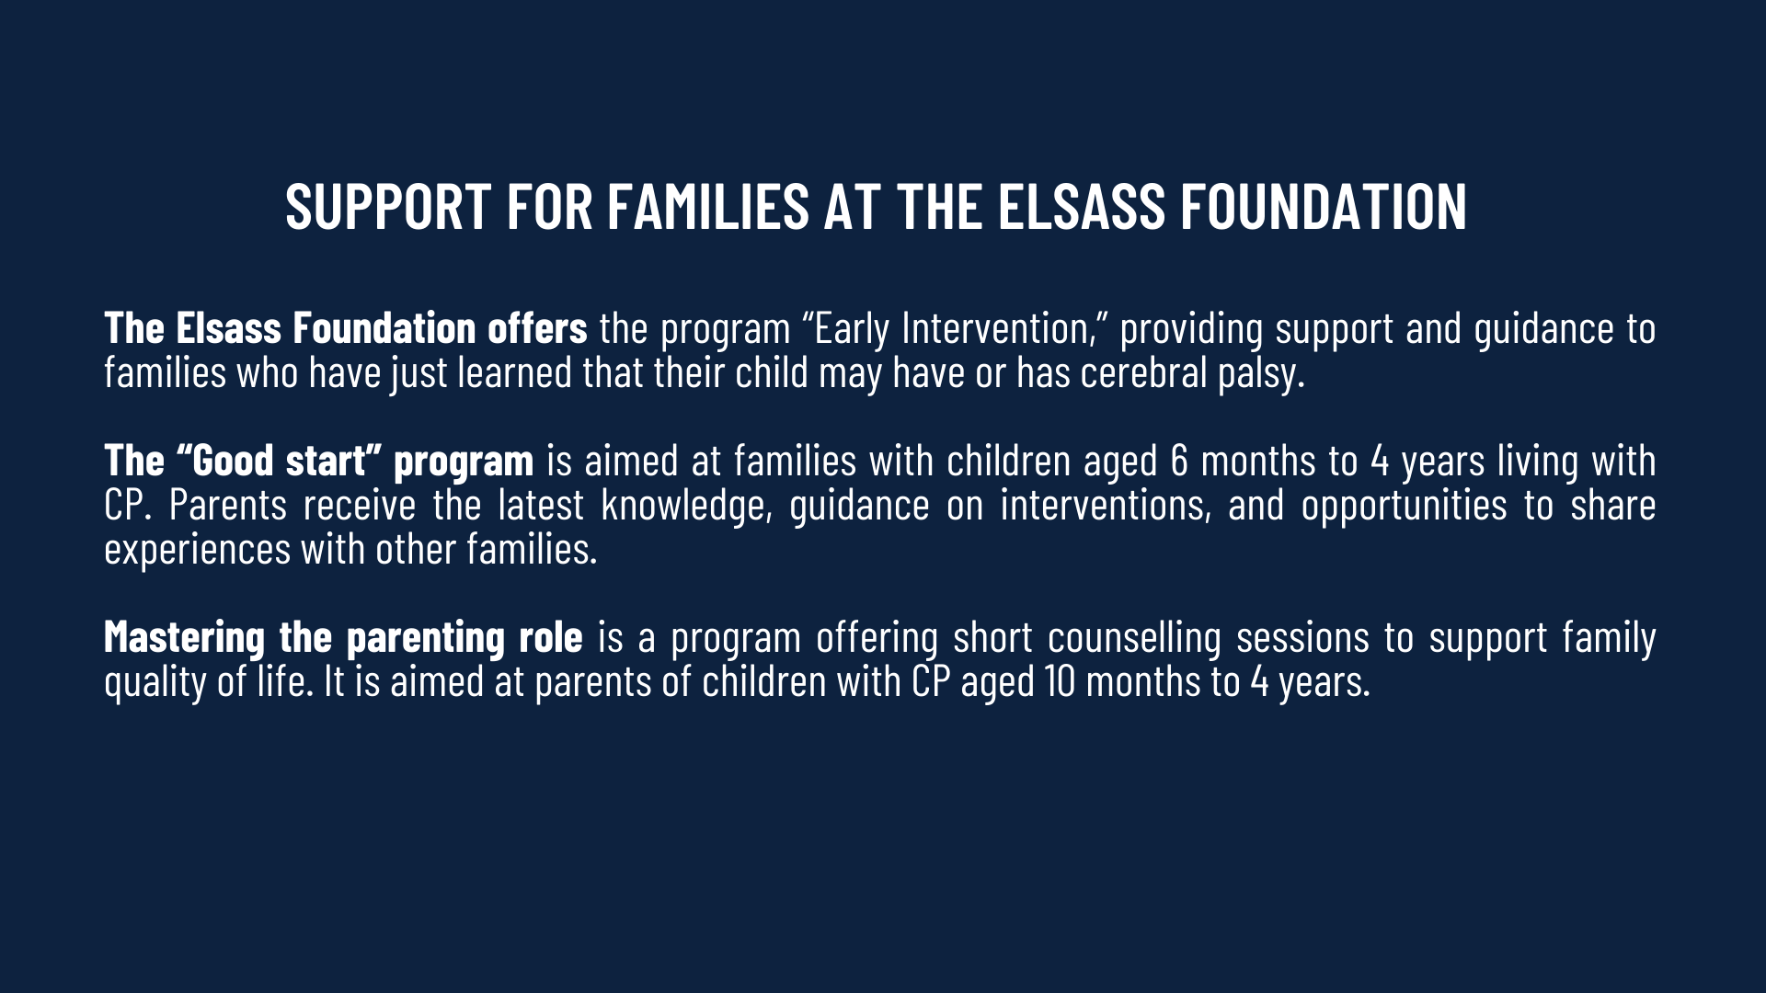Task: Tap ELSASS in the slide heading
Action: tap(1082, 206)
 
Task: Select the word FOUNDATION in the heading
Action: tap(1324, 206)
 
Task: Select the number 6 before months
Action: tap(1179, 461)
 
